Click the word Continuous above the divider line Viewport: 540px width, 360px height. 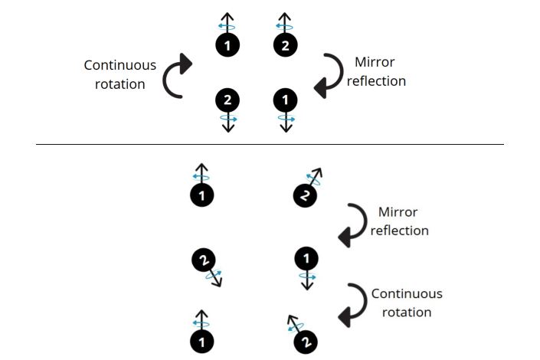pos(119,65)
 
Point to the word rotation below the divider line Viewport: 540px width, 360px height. pos(407,312)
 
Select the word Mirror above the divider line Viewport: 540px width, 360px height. pos(375,63)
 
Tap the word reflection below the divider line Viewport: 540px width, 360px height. pos(399,230)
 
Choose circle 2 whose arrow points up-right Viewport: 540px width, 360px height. pos(305,197)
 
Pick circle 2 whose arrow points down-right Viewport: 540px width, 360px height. pos(203,261)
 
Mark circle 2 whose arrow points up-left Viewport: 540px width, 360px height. pos(305,341)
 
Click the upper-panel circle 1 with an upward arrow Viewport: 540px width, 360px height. pos(227,46)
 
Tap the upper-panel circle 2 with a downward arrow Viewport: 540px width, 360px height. pos(227,99)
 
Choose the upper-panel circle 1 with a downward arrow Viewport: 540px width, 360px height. pos(286,99)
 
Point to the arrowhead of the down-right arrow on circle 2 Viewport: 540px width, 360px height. pos(219,283)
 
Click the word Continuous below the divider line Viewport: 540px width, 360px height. pos(407,293)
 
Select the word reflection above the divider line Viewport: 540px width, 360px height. pos(376,80)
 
